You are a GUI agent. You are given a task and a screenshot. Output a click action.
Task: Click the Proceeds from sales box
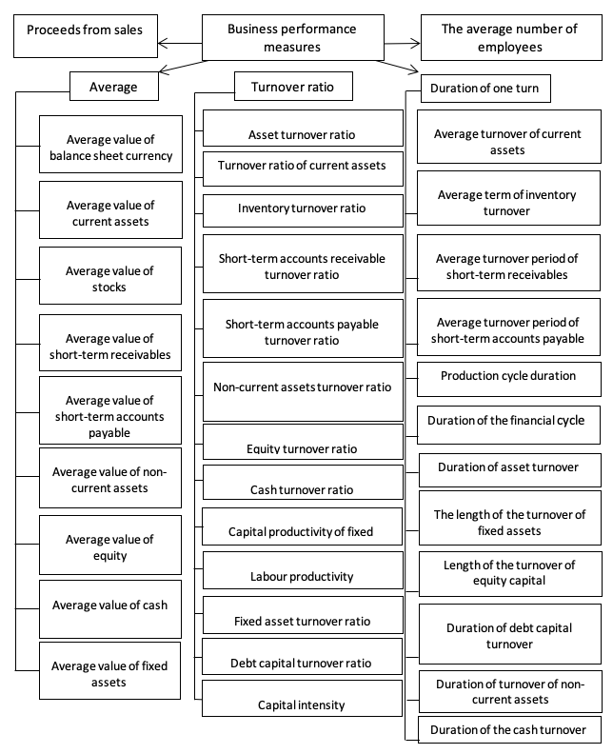tap(86, 36)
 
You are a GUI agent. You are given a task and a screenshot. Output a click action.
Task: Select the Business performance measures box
tap(293, 37)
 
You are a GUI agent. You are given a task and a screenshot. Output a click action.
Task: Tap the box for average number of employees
tap(511, 37)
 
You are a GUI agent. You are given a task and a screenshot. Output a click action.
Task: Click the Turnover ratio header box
tap(293, 87)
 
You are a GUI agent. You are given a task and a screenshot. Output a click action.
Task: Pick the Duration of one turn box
tap(485, 89)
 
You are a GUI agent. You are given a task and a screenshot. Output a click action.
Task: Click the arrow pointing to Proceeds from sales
tap(180, 43)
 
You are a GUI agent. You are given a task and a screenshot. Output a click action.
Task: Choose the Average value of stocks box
tap(110, 275)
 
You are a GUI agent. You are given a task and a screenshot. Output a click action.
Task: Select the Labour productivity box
tap(303, 570)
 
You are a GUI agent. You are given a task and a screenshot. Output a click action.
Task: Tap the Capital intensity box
tap(302, 698)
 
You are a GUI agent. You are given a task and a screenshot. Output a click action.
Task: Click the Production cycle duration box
tap(508, 380)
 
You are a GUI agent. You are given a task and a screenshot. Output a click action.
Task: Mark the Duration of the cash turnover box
tap(509, 730)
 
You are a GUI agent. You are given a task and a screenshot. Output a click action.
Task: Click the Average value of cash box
tap(110, 609)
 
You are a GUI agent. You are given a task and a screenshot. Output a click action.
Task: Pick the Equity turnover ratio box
tap(303, 442)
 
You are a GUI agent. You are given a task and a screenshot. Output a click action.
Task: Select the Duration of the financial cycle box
tap(508, 426)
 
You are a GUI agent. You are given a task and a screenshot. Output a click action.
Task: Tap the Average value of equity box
tap(110, 546)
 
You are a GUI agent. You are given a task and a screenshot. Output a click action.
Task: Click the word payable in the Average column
tap(109, 433)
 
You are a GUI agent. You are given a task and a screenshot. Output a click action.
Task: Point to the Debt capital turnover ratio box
tap(302, 656)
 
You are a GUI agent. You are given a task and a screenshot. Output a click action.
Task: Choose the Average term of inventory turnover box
tap(508, 198)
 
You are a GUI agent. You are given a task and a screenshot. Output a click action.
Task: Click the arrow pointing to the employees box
tap(402, 44)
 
